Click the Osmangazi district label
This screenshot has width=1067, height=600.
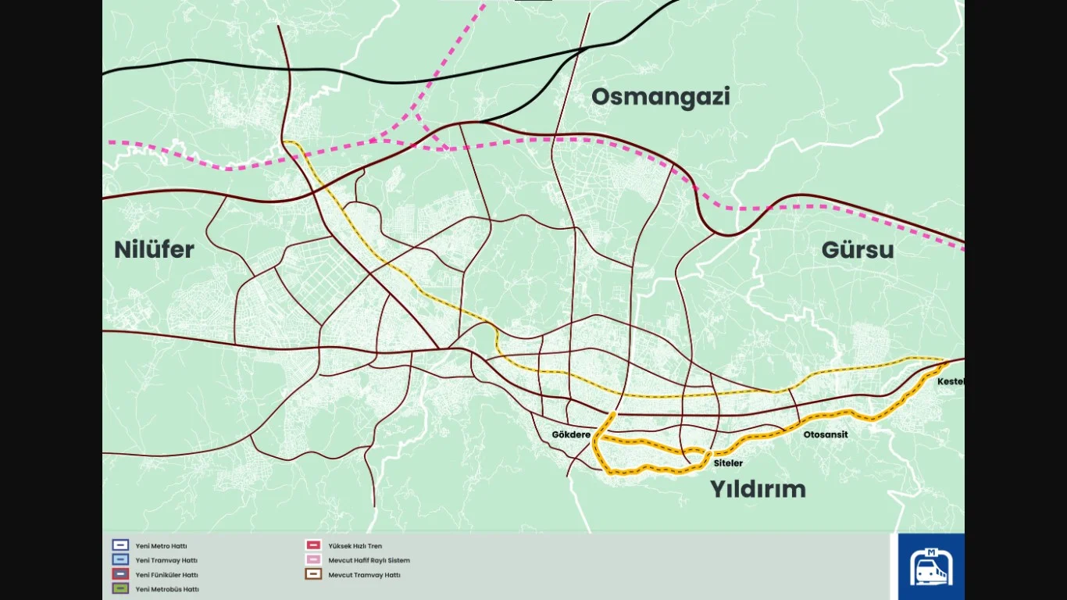click(660, 97)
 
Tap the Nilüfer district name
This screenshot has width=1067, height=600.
click(154, 250)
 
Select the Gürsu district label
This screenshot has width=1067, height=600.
click(857, 251)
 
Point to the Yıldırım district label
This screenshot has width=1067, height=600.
click(757, 490)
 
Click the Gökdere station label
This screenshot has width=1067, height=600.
click(571, 434)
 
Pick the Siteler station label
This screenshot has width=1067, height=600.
click(728, 463)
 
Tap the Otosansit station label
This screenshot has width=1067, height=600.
click(825, 434)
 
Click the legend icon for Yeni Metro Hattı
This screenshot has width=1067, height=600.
click(120, 546)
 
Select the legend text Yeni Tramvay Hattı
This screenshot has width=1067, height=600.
click(166, 560)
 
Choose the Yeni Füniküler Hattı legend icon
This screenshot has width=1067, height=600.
click(120, 574)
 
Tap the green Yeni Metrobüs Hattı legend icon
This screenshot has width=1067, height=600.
click(120, 589)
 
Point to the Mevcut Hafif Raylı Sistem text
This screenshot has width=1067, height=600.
click(369, 560)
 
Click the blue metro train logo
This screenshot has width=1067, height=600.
click(930, 566)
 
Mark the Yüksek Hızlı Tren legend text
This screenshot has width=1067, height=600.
click(355, 546)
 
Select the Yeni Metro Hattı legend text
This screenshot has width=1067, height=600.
click(161, 546)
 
